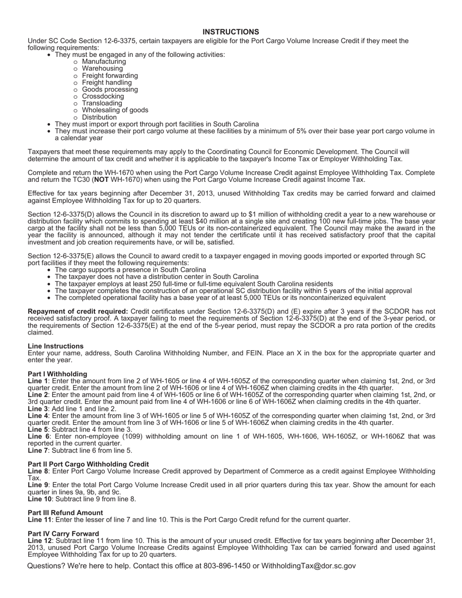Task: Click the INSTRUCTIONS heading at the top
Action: click(231, 32)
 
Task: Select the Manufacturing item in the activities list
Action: click(104, 62)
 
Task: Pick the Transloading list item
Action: click(102, 103)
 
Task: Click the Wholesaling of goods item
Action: click(115, 110)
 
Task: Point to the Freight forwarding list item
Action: click(109, 76)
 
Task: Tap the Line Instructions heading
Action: click(55, 346)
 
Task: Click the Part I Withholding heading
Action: click(57, 374)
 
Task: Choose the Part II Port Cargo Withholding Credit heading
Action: click(88, 464)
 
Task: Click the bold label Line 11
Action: click(39, 520)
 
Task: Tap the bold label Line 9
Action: click(38, 485)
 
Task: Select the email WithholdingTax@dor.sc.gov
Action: click(308, 566)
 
